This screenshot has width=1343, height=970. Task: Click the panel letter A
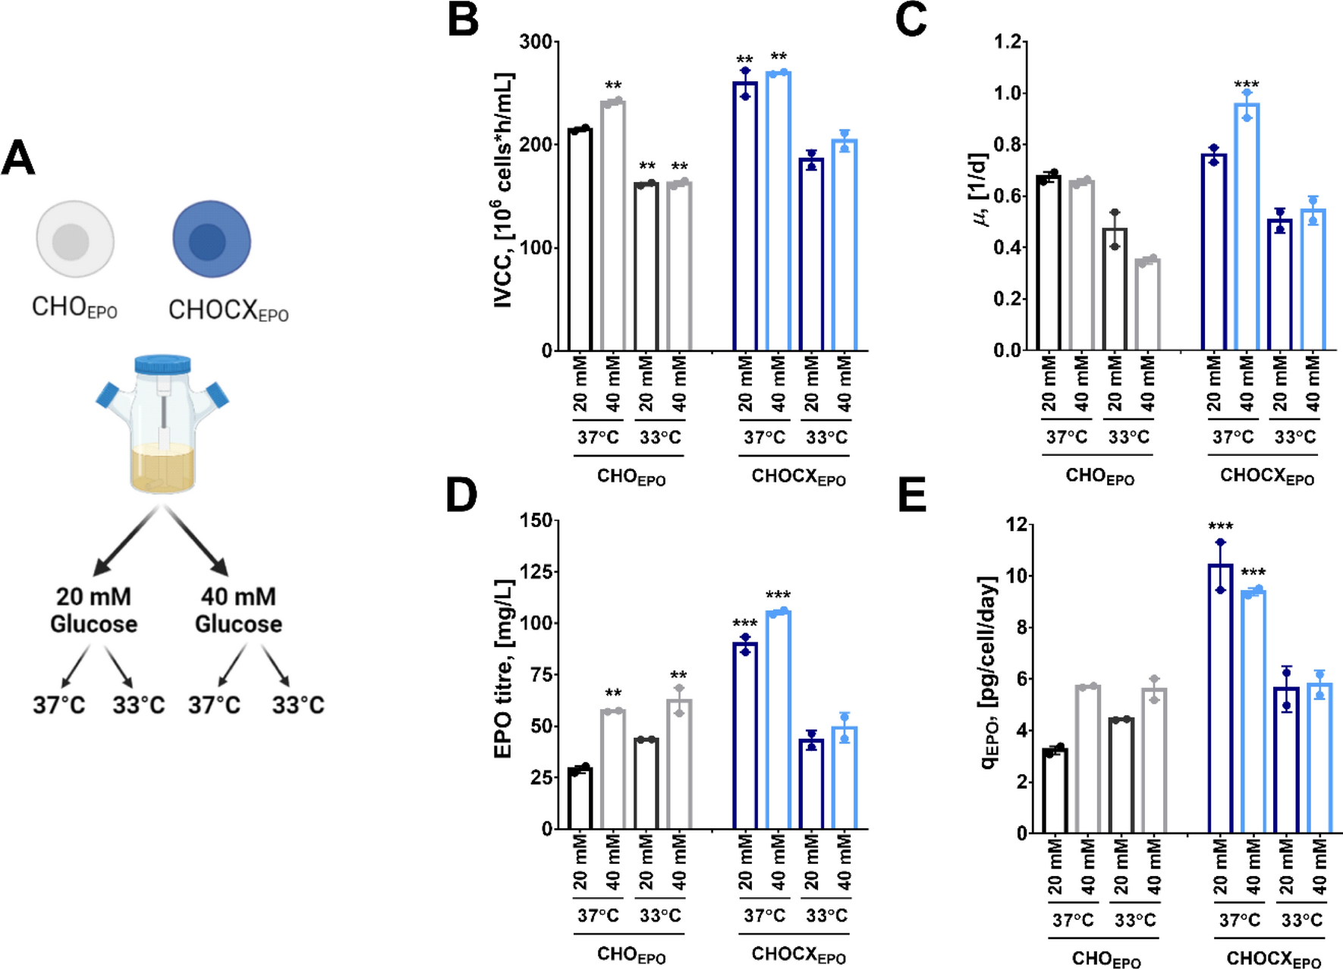click(x=18, y=158)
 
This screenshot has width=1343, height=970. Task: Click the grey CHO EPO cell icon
click(x=74, y=240)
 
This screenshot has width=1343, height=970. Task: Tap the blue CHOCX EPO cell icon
click(x=211, y=240)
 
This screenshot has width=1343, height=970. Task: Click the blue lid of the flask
click(x=162, y=363)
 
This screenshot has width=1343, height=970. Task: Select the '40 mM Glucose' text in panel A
click(x=238, y=610)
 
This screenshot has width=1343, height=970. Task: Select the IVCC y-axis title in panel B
click(x=504, y=190)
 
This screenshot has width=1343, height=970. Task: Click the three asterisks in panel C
click(x=1246, y=84)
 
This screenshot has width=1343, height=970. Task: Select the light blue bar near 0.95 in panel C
click(x=1247, y=228)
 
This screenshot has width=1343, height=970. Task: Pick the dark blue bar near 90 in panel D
click(x=745, y=736)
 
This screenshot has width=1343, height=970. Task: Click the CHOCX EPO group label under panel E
click(x=1273, y=959)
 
